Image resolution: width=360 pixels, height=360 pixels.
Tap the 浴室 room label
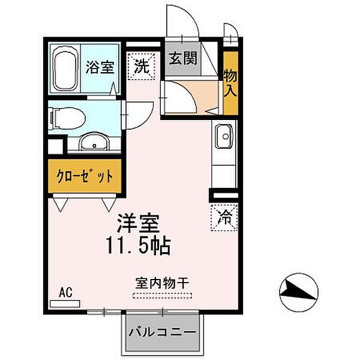pos(98,67)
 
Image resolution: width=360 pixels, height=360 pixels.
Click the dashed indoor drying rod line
pos(163,295)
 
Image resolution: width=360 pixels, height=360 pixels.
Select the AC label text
pos(65,292)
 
